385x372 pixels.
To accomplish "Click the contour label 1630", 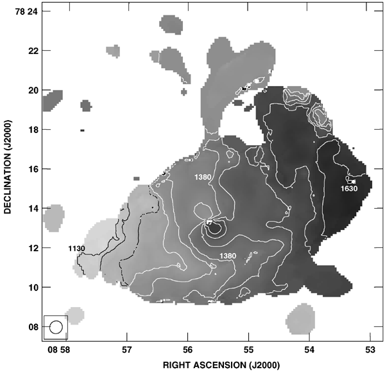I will (350, 189).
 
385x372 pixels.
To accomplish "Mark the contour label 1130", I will (76, 248).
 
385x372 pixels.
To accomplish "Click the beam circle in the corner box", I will (55, 326).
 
